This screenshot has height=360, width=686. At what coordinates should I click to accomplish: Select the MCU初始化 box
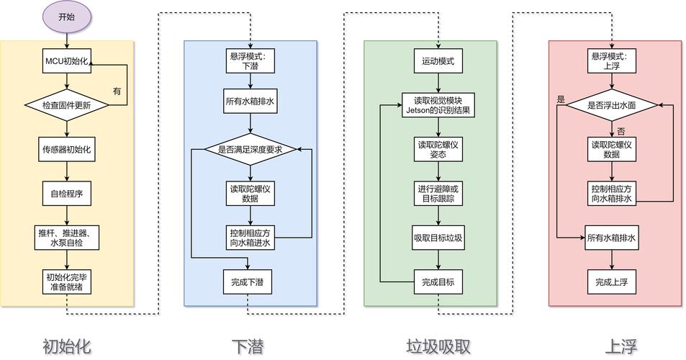(x=67, y=61)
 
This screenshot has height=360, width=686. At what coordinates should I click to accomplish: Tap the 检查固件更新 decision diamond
(x=67, y=105)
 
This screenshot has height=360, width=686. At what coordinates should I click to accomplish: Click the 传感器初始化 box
(x=67, y=150)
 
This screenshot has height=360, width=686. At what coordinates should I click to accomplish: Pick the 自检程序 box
(x=67, y=193)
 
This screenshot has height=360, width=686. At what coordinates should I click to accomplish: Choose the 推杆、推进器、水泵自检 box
(x=67, y=237)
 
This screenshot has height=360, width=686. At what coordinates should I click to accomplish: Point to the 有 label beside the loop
(x=117, y=91)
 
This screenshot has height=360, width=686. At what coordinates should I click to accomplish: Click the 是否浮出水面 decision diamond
(x=612, y=105)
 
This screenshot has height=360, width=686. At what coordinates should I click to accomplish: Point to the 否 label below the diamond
(x=620, y=131)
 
